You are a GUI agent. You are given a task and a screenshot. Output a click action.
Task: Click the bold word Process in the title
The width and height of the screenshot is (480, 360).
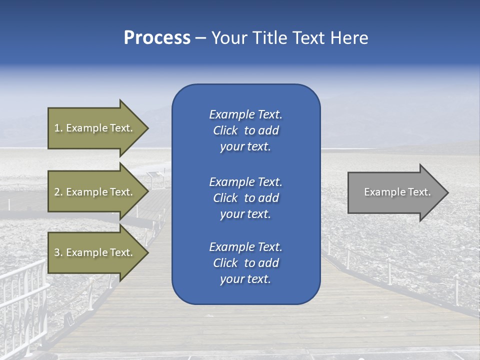[x=157, y=38]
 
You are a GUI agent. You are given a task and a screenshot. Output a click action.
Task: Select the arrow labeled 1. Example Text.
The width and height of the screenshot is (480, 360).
[x=95, y=128]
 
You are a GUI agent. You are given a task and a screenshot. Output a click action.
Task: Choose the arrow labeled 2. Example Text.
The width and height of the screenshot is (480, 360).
[x=95, y=192]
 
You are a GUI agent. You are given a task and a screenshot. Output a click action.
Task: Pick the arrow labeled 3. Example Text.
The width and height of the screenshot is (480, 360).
[x=95, y=252]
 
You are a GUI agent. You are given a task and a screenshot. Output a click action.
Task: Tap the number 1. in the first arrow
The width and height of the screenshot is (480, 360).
[x=58, y=128]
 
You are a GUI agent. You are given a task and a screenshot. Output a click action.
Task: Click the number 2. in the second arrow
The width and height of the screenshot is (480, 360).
[x=58, y=192]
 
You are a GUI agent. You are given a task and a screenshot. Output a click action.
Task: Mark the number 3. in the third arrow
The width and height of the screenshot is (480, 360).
[x=58, y=252]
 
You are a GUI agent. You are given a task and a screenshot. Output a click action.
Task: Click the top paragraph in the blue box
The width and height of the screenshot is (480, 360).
[x=245, y=130]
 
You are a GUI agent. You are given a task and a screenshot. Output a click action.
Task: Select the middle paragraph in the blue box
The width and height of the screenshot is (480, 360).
[x=245, y=198]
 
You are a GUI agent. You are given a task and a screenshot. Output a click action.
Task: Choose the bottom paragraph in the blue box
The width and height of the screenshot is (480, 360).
[x=245, y=263]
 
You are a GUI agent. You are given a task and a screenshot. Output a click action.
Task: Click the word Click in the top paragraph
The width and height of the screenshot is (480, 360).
[x=225, y=130]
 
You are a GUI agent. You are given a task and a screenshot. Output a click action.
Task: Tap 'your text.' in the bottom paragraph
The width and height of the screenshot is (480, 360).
[x=245, y=279]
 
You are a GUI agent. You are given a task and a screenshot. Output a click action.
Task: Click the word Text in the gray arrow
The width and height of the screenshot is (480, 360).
[x=419, y=192]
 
